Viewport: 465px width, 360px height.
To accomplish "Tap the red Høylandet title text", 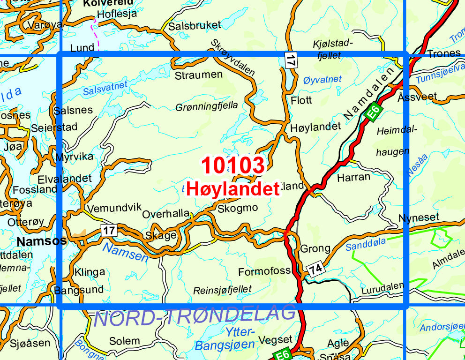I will tap(233, 189).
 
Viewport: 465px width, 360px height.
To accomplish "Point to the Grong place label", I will tap(315, 248).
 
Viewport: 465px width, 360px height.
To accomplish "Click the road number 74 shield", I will tap(315, 269).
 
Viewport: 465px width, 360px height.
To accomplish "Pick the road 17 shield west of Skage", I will tap(109, 230).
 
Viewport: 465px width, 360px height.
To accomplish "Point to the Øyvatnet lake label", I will tap(322, 79).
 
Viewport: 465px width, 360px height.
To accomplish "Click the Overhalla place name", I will tap(165, 213).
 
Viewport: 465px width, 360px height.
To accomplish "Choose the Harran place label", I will tap(353, 177).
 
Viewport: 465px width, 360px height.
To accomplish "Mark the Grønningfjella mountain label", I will tap(207, 106).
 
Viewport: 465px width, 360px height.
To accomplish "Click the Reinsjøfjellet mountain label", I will tap(222, 290).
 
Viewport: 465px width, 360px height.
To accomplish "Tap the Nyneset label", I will tap(419, 218).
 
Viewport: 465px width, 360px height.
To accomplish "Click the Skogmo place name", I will tap(237, 208).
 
